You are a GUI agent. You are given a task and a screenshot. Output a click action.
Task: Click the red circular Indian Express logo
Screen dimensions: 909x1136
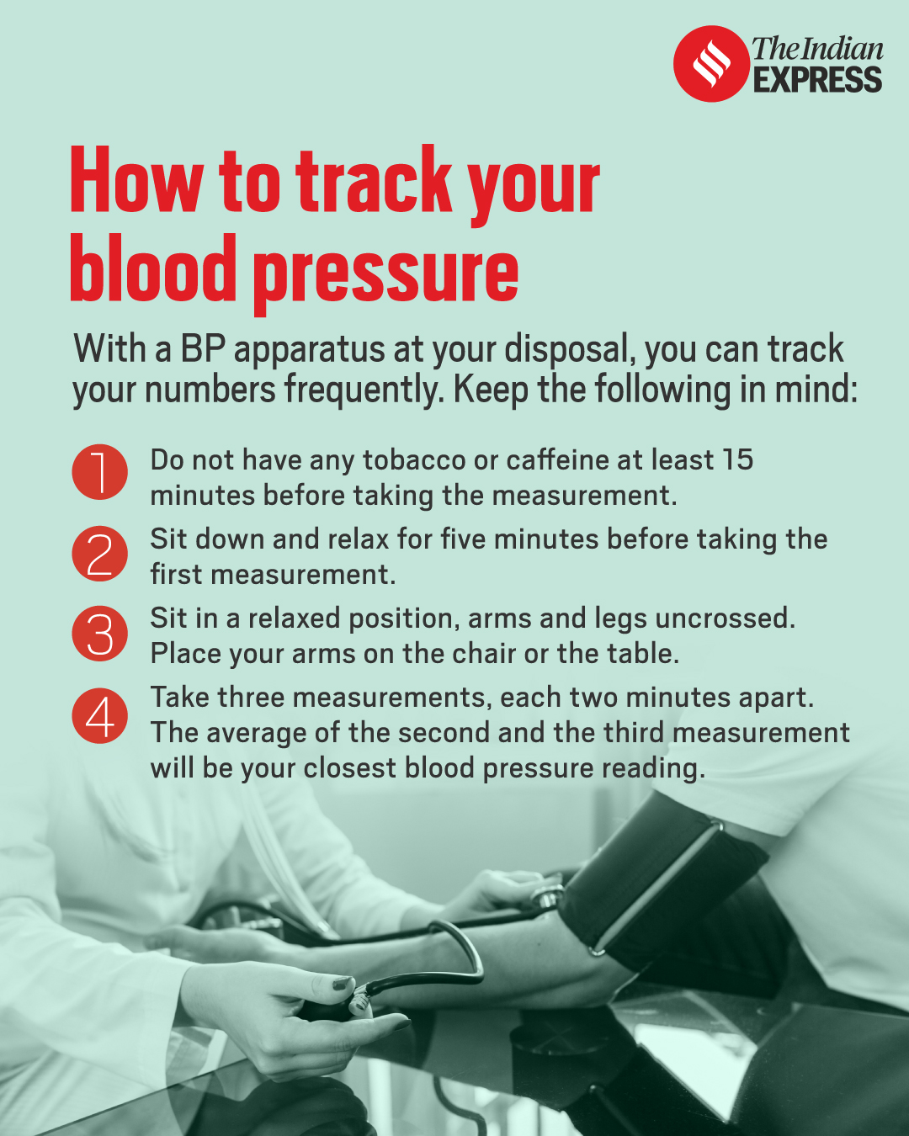(x=711, y=63)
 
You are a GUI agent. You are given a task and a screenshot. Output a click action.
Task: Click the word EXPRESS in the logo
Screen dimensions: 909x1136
(x=817, y=80)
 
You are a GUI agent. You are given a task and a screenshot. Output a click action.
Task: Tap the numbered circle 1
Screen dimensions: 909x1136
(x=100, y=471)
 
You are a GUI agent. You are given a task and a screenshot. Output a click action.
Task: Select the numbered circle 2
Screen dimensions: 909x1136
(x=100, y=553)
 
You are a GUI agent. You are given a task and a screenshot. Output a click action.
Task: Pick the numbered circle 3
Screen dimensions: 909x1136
(x=100, y=634)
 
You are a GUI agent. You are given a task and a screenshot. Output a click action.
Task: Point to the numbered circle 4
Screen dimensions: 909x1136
(x=100, y=716)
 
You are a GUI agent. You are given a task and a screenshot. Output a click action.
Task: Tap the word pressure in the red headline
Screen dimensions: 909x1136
(x=386, y=275)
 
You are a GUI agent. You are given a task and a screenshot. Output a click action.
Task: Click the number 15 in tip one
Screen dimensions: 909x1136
(x=737, y=459)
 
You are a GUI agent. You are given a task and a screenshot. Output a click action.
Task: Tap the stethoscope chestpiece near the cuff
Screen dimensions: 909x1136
(x=547, y=895)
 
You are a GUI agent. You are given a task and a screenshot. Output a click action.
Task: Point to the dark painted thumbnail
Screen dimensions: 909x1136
(x=342, y=983)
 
